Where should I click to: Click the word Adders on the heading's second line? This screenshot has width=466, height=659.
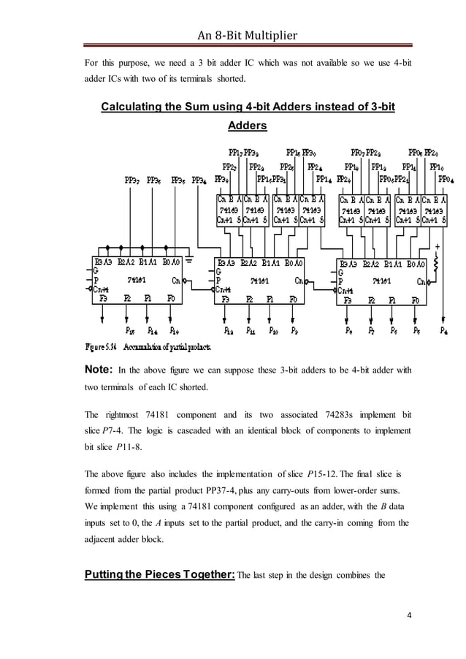click(247, 126)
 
